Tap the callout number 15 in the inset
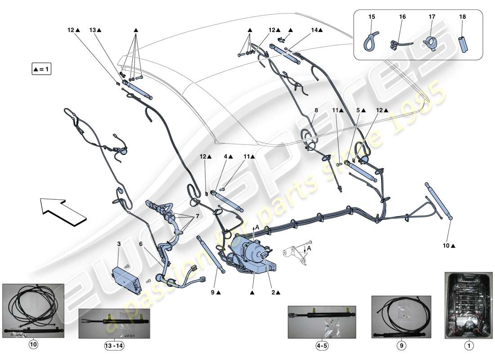(372, 17)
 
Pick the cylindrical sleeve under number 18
(463, 43)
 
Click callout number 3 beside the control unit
(119, 243)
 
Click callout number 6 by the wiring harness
(141, 243)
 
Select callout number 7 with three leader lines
(196, 216)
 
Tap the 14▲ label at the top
(316, 30)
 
